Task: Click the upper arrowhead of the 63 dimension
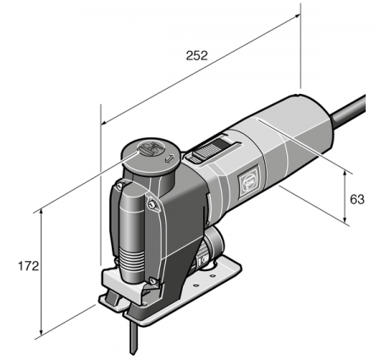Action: (346, 170)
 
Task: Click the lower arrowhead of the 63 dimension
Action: (346, 223)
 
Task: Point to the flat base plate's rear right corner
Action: (238, 269)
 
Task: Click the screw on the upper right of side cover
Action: (152, 204)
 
